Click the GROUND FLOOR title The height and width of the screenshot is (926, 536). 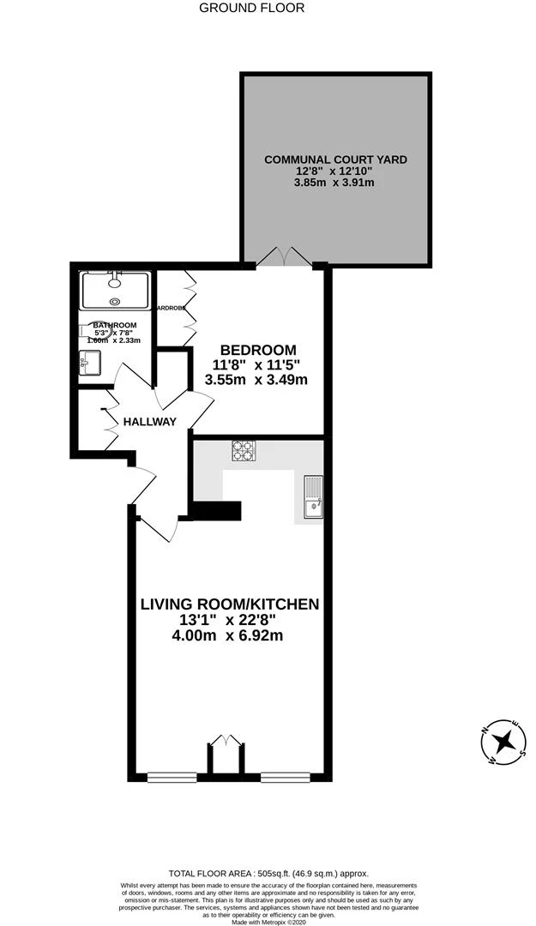pos(251,8)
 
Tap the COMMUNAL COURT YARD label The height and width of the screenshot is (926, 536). pos(335,159)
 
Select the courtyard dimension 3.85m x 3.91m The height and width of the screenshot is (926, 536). pos(334,183)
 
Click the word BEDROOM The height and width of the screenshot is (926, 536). pos(258,350)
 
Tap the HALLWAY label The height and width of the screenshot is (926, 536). pos(149,422)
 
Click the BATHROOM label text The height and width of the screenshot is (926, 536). pos(114,326)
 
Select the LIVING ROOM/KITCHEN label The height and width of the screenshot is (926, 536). pos(229,604)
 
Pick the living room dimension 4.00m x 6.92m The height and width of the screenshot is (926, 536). pos(228,635)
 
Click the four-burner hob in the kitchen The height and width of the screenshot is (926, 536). pos(244,451)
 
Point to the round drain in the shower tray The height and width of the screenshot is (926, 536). pos(116,301)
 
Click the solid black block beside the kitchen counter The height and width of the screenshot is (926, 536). pos(216,511)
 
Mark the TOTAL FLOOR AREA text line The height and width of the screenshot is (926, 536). pos(268,867)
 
